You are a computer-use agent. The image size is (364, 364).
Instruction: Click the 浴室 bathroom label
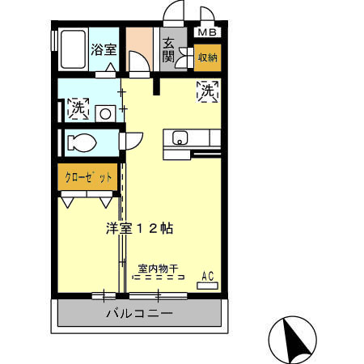pos(104,49)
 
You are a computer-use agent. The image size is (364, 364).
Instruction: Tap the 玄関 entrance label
pos(168,49)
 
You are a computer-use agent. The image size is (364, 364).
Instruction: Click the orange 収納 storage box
pos(206,58)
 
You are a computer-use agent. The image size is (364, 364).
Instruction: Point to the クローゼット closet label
pos(84,177)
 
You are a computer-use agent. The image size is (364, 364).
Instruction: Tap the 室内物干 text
pos(158,268)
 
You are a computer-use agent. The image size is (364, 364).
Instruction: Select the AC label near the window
pos(207,276)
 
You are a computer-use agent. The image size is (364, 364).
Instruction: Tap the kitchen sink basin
pos(180,137)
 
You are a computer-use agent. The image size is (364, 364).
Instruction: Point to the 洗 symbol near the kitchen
pos(206,91)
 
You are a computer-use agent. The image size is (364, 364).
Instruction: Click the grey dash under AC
pos(207,285)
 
